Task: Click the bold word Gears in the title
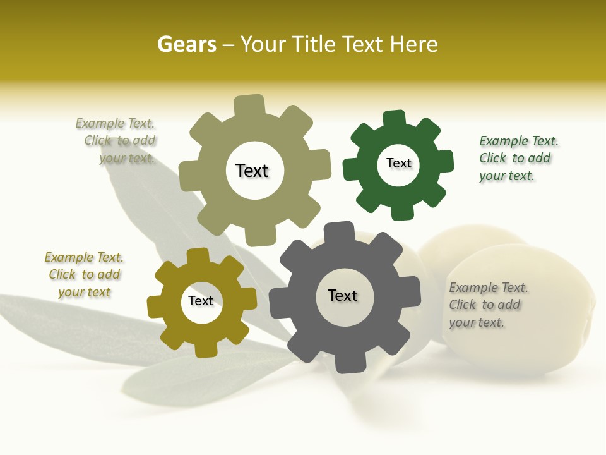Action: pyautogui.click(x=186, y=44)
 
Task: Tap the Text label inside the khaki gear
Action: pyautogui.click(x=252, y=171)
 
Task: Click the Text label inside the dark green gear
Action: pyautogui.click(x=398, y=163)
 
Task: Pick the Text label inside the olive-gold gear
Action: pyautogui.click(x=201, y=301)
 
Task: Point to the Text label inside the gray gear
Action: pyautogui.click(x=343, y=295)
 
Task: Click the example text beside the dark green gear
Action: pyautogui.click(x=518, y=158)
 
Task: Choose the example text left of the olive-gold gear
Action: pyautogui.click(x=84, y=274)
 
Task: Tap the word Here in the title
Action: pyautogui.click(x=413, y=44)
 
